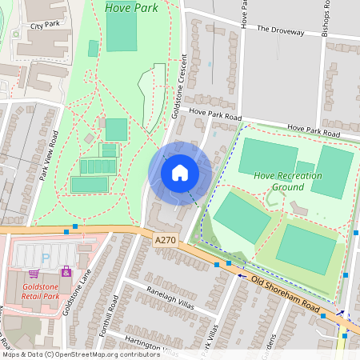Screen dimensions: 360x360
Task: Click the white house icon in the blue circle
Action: tap(180, 172)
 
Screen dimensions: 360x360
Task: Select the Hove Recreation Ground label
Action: tap(287, 181)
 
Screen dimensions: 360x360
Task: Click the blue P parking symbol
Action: tap(45, 258)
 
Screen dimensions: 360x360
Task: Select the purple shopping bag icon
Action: tap(66, 272)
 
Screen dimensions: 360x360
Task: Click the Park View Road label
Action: tap(49, 156)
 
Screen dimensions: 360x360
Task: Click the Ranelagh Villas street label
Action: tap(170, 295)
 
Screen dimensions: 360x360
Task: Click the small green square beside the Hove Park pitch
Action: tap(94, 48)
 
